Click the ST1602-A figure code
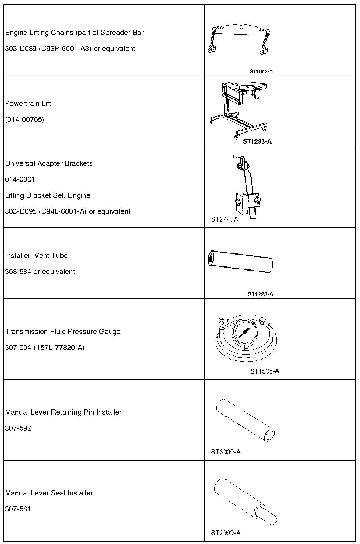click(261, 71)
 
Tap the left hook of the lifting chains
click(211, 48)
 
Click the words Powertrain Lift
click(28, 104)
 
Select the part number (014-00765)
click(24, 120)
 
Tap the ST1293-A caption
click(257, 141)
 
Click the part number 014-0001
click(20, 179)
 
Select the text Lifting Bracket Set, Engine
click(48, 195)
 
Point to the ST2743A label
click(224, 219)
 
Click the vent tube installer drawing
click(241, 261)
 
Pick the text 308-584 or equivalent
click(40, 272)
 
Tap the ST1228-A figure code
click(260, 294)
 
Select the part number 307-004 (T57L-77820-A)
click(45, 348)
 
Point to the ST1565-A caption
click(265, 371)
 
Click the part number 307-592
click(18, 428)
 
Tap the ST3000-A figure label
click(226, 452)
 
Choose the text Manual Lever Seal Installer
click(49, 493)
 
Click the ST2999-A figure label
click(226, 533)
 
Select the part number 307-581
click(18, 509)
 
